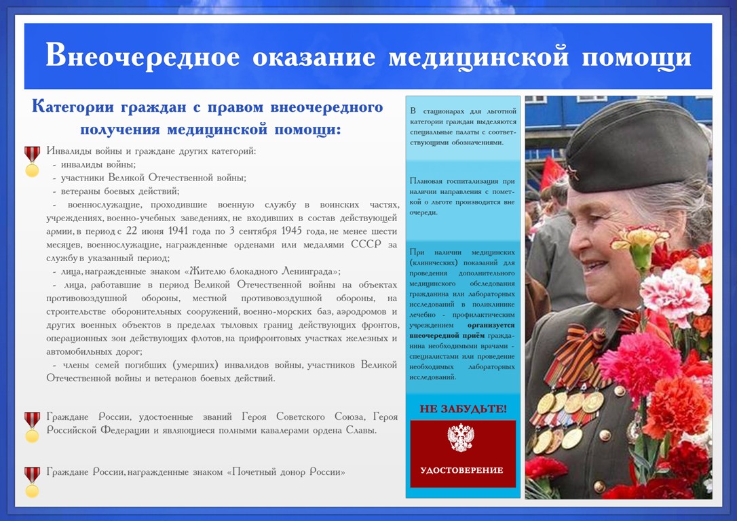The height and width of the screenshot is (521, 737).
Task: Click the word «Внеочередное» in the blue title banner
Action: [143, 56]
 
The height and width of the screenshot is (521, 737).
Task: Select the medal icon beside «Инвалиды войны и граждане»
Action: [32, 161]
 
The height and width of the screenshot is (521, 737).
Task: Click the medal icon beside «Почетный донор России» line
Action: [32, 482]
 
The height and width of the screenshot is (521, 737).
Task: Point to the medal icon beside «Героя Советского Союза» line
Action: [32, 427]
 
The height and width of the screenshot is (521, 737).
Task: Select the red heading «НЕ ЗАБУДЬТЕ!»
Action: [463, 408]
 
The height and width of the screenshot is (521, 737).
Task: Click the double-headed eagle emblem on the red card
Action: [461, 438]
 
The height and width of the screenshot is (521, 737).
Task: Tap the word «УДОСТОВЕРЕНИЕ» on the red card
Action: [461, 470]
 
